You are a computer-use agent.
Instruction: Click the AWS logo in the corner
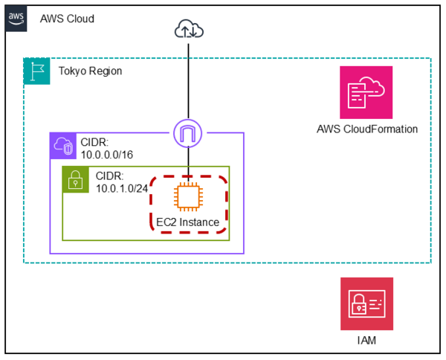[16, 18]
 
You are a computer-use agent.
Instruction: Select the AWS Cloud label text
[67, 18]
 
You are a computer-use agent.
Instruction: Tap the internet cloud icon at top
[189, 29]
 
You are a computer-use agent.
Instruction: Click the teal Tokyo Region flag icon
[36, 71]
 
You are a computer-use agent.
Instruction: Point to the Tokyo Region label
[90, 71]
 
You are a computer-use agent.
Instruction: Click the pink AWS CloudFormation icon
[366, 92]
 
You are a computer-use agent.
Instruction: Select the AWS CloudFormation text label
[366, 129]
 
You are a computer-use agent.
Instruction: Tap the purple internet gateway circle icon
[189, 134]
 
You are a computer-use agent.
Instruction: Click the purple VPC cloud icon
[62, 146]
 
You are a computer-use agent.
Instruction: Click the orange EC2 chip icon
[189, 197]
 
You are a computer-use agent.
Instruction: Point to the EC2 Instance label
[188, 222]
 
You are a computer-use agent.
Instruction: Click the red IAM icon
[366, 303]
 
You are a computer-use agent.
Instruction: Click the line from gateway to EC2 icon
[189, 165]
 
